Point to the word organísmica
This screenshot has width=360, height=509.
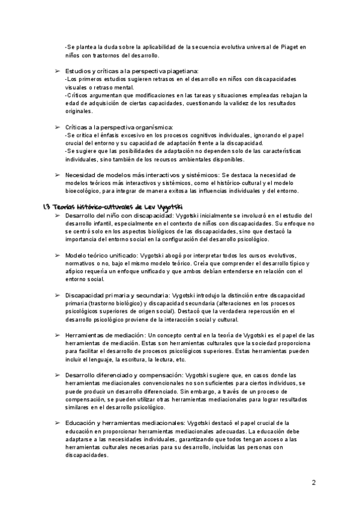(x=154, y=127)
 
